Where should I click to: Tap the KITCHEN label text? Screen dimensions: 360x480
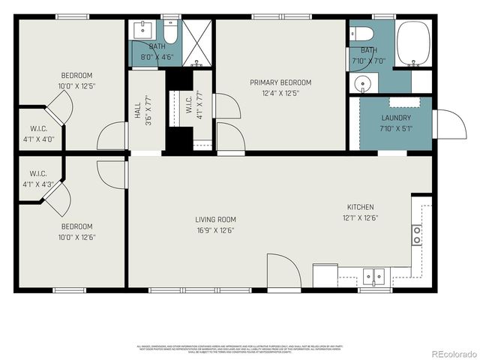pos(360,208)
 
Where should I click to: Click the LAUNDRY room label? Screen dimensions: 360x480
pos(395,118)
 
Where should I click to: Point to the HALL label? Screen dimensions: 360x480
pos(137,111)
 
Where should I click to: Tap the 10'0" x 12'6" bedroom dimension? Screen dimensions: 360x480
pos(76,237)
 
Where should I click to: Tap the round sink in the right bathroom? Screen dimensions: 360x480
pos(363,83)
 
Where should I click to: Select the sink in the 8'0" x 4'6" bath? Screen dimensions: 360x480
pos(142,31)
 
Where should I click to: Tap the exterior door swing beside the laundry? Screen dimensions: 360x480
pos(448,124)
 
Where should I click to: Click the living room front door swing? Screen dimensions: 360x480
pos(283,271)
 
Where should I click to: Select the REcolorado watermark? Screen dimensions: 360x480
pos(452,353)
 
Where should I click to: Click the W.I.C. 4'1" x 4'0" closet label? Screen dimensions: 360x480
pos(37,133)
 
